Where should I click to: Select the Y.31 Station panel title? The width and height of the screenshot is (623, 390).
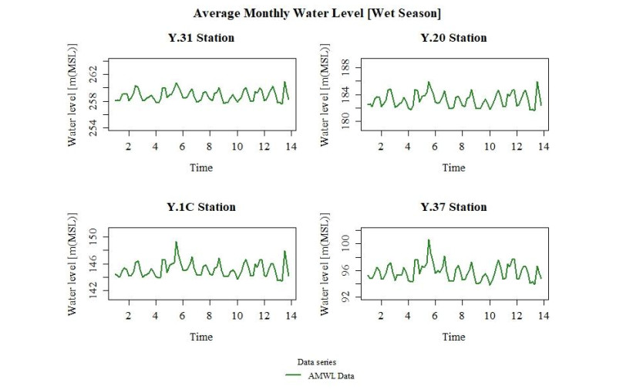tap(201, 38)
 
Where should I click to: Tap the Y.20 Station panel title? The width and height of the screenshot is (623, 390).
tap(453, 38)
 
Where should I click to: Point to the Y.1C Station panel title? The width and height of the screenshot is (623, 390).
tap(201, 207)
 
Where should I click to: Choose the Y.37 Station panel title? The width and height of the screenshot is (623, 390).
tap(453, 207)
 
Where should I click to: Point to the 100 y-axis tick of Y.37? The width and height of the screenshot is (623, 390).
tap(346, 242)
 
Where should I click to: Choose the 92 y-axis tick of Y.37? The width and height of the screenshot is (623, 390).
tap(346, 295)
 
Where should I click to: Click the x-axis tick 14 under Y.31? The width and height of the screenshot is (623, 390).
tap(291, 146)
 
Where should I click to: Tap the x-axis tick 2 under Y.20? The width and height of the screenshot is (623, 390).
tap(380, 146)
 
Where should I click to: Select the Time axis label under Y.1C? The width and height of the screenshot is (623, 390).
tap(201, 337)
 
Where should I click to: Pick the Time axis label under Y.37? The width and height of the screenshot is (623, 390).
tap(453, 337)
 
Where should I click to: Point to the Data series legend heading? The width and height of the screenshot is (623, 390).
tap(317, 361)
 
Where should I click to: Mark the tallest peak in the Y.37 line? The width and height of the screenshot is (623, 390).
tap(429, 240)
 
